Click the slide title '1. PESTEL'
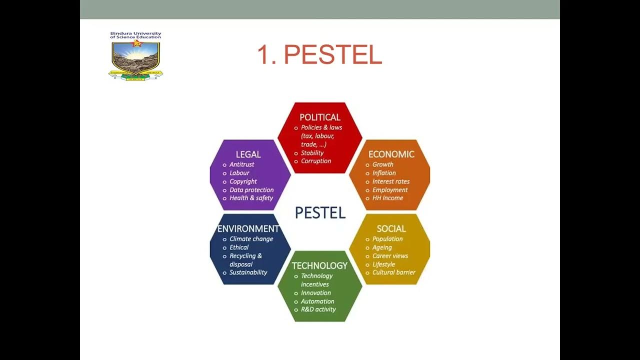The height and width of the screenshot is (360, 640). (x=319, y=54)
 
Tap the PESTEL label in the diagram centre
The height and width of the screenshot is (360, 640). (x=320, y=213)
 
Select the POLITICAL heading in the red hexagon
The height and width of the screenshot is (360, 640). (x=320, y=117)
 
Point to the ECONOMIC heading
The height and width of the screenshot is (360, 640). (x=391, y=154)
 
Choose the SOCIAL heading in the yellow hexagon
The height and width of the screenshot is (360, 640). (x=391, y=228)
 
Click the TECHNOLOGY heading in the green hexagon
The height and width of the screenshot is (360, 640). (x=319, y=265)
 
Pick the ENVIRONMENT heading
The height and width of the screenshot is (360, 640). (x=248, y=228)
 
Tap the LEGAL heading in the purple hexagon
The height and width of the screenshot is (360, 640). (x=248, y=154)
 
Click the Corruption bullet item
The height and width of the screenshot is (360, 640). (x=316, y=161)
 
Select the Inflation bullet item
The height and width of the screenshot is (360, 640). (x=384, y=173)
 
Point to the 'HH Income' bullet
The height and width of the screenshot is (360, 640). (x=387, y=198)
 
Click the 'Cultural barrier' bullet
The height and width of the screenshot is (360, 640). (x=394, y=272)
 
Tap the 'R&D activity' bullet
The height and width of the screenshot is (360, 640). (x=318, y=309)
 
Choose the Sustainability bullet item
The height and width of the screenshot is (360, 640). (x=248, y=272)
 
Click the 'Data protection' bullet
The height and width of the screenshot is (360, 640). (x=251, y=190)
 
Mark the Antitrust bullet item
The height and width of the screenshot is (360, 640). (x=242, y=164)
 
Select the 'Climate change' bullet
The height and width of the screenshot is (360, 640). (x=251, y=239)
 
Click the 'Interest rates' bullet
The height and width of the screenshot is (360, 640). (x=391, y=181)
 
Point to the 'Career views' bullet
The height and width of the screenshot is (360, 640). (x=390, y=256)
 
